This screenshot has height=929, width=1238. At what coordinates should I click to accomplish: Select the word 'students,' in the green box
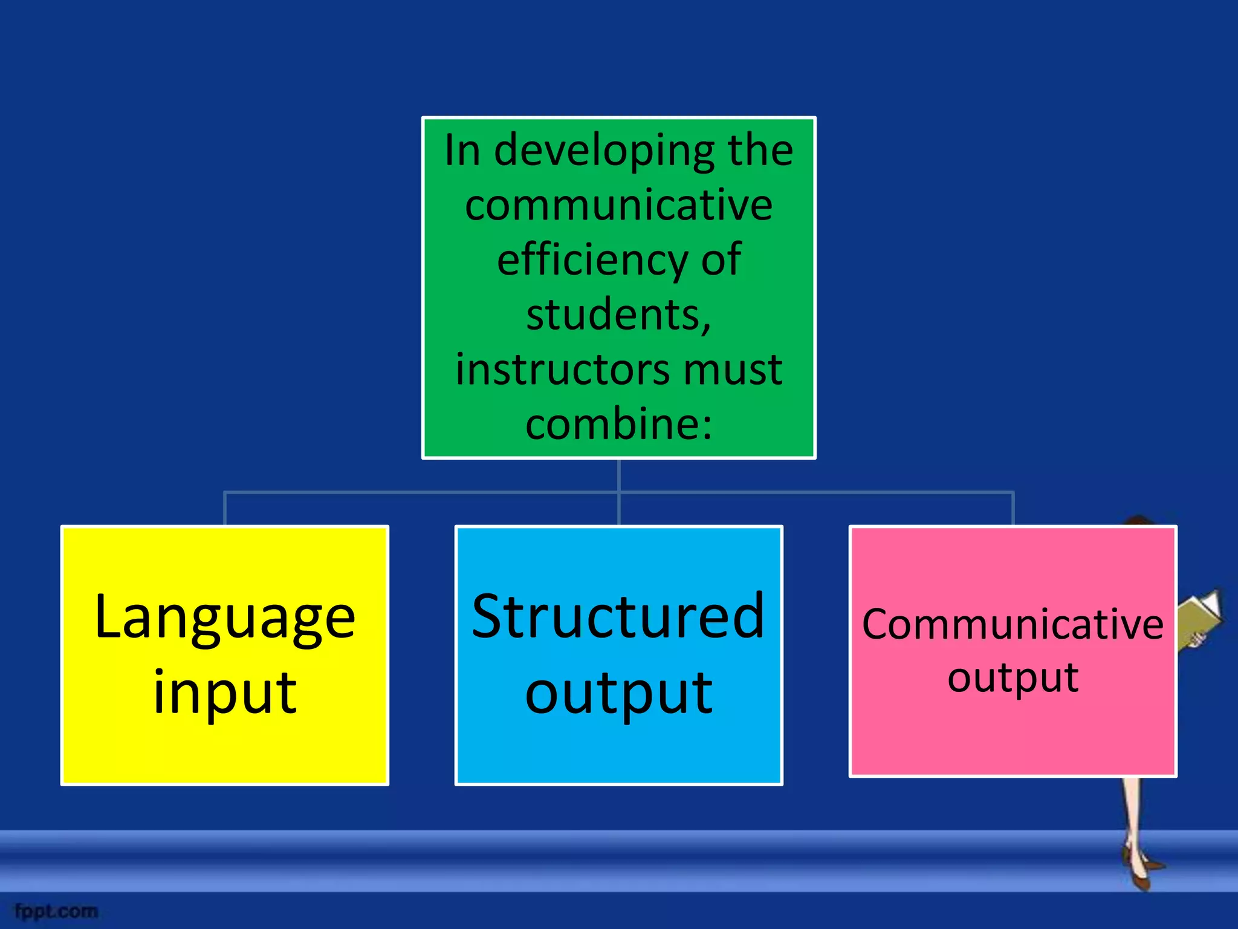(x=618, y=315)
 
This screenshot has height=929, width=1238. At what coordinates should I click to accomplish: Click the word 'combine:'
(x=618, y=424)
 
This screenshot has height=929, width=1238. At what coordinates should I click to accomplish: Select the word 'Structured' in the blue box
(x=618, y=617)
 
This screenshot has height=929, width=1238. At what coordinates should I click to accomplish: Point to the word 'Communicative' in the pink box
(x=1013, y=625)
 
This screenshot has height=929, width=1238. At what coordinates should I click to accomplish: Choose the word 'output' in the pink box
(x=1013, y=677)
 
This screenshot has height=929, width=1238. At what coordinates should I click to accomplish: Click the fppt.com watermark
(x=56, y=911)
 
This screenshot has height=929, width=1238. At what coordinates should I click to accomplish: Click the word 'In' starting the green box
(x=462, y=150)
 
